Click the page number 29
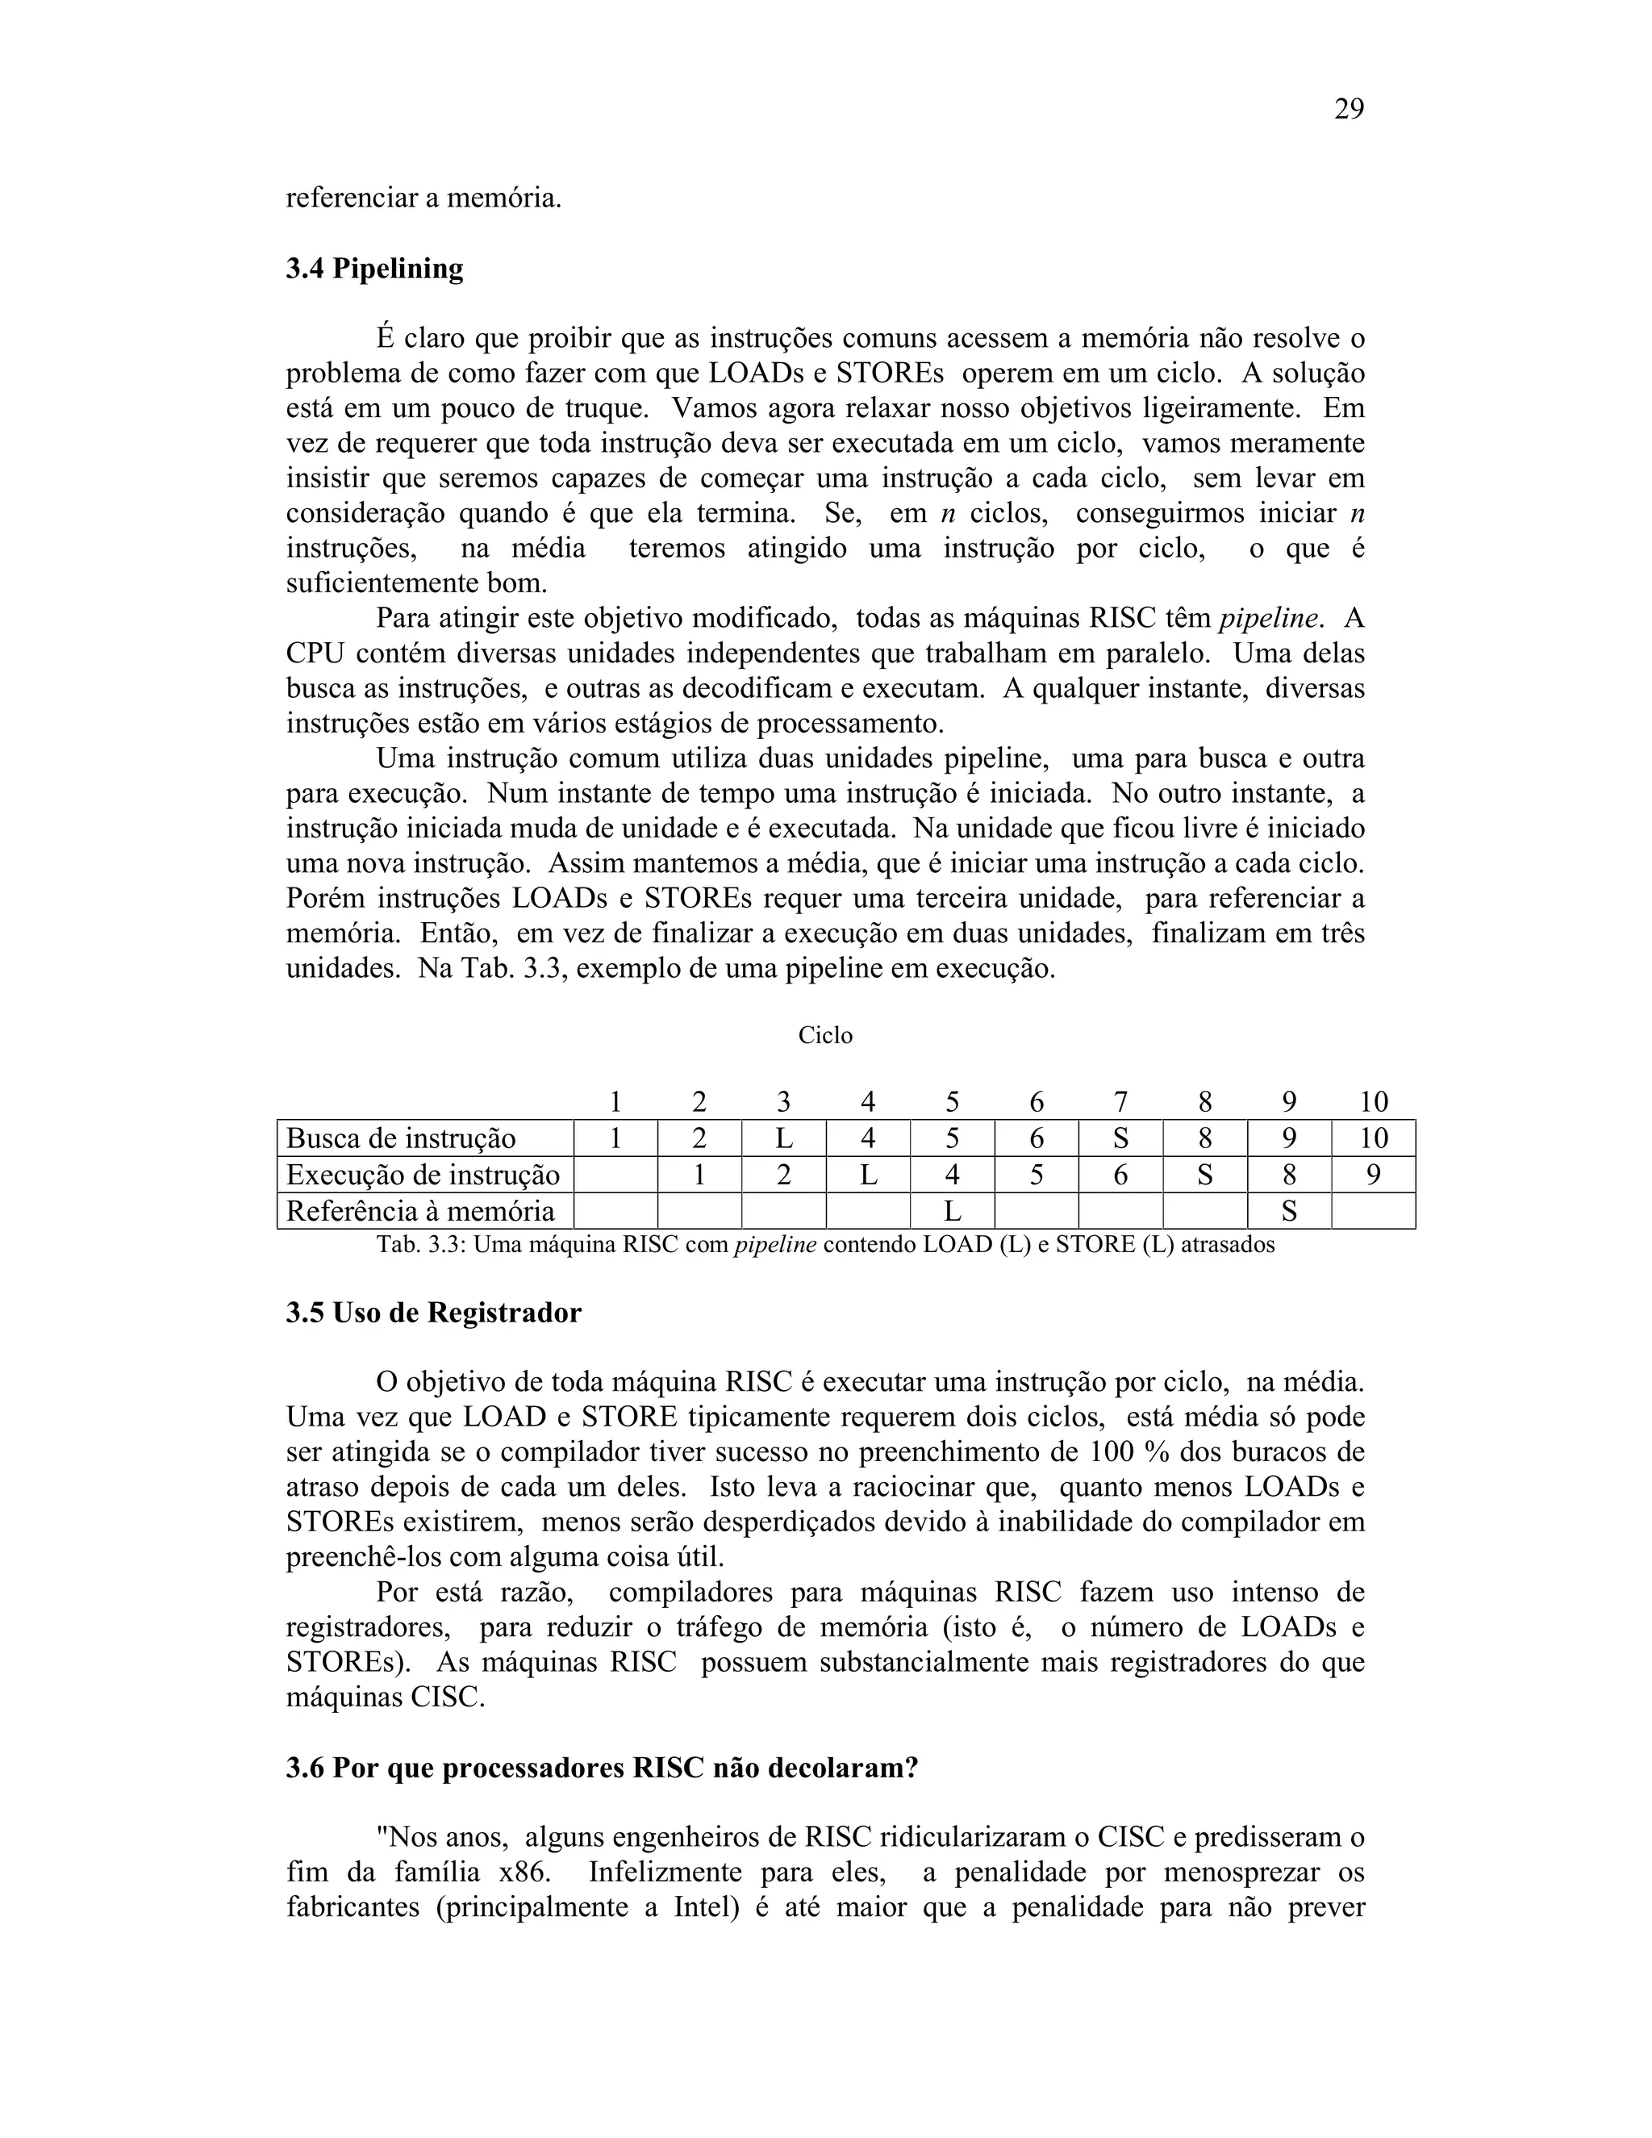pos(1348,110)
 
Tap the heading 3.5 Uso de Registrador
pos(432,1313)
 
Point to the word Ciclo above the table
pos(825,1036)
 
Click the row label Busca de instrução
pos(400,1138)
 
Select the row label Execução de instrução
pos(423,1175)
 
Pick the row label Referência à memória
pos(419,1211)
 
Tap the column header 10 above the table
pos(1373,1102)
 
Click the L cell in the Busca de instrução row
pos(783,1138)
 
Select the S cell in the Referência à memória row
pos(1289,1212)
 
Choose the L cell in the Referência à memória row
pos(951,1212)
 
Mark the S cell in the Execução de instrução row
pos(1205,1175)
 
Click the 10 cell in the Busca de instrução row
pos(1373,1138)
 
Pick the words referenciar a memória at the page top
pos(423,198)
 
